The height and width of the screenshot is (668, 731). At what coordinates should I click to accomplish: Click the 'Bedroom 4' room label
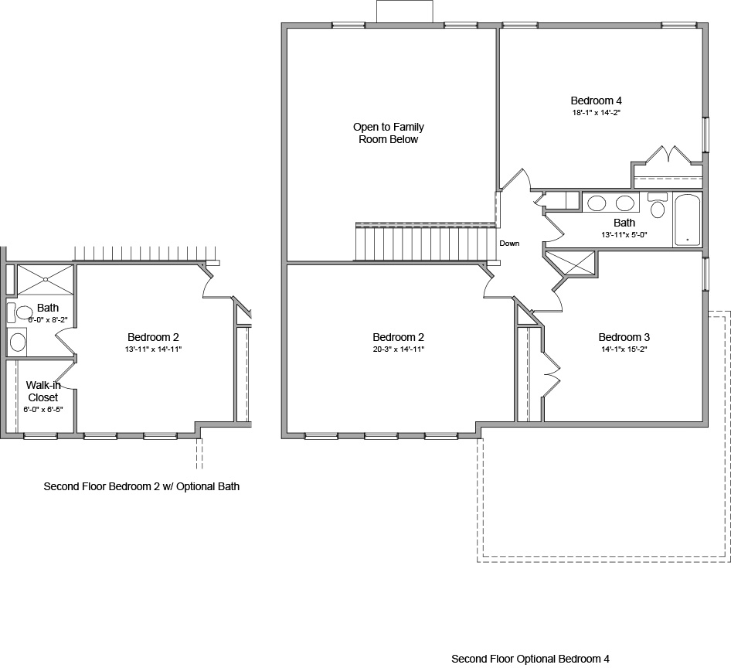[596, 101]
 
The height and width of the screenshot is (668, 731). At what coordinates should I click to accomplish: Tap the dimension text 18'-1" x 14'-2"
[596, 113]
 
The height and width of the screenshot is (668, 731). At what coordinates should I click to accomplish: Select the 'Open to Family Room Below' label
[389, 133]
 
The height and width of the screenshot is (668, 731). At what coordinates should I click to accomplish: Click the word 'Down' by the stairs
[509, 243]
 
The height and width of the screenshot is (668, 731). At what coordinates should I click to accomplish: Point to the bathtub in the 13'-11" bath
[686, 220]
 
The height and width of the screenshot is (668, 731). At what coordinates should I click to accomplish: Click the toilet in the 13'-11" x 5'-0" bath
[658, 206]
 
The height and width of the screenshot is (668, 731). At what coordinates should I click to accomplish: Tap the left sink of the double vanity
[597, 204]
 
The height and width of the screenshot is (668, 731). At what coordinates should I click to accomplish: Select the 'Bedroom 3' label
[624, 337]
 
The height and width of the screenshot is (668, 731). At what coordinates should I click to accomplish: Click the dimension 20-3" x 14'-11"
[398, 349]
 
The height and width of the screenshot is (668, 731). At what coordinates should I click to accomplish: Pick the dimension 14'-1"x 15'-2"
[624, 349]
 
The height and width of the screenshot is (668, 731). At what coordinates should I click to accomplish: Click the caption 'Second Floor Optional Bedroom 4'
[530, 659]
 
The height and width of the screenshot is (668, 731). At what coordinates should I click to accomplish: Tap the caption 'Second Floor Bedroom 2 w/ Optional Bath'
[141, 487]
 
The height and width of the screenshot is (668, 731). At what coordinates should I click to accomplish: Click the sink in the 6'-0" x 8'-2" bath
[18, 342]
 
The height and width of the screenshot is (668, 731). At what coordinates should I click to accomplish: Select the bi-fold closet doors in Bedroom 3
[551, 371]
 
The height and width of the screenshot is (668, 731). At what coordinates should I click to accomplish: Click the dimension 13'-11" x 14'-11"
[154, 349]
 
